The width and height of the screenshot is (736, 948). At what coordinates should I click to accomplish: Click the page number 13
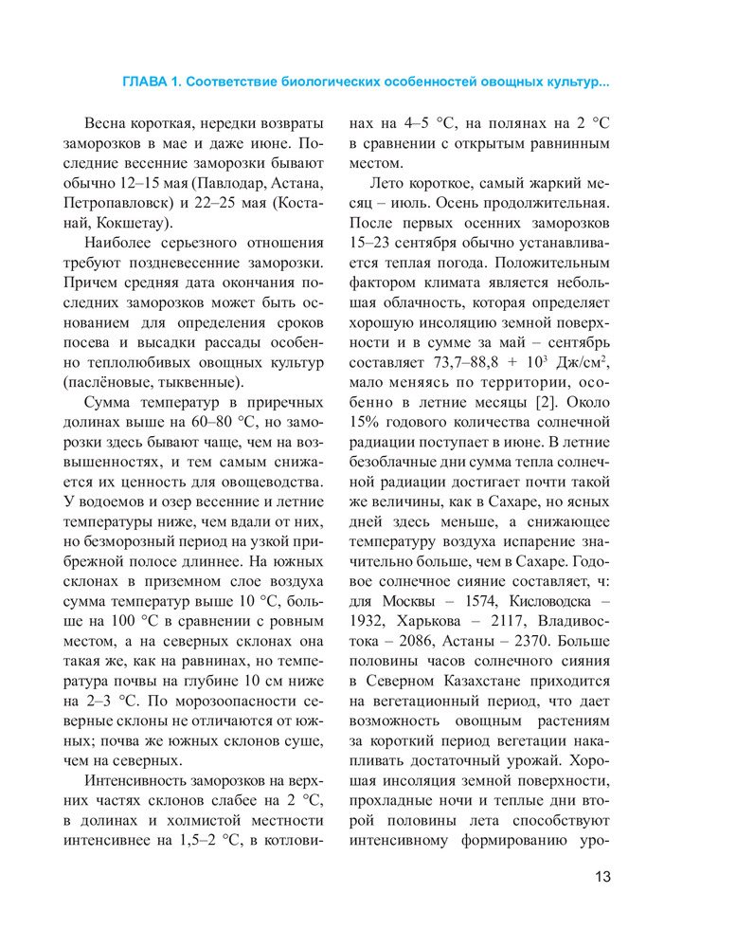coord(601,875)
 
